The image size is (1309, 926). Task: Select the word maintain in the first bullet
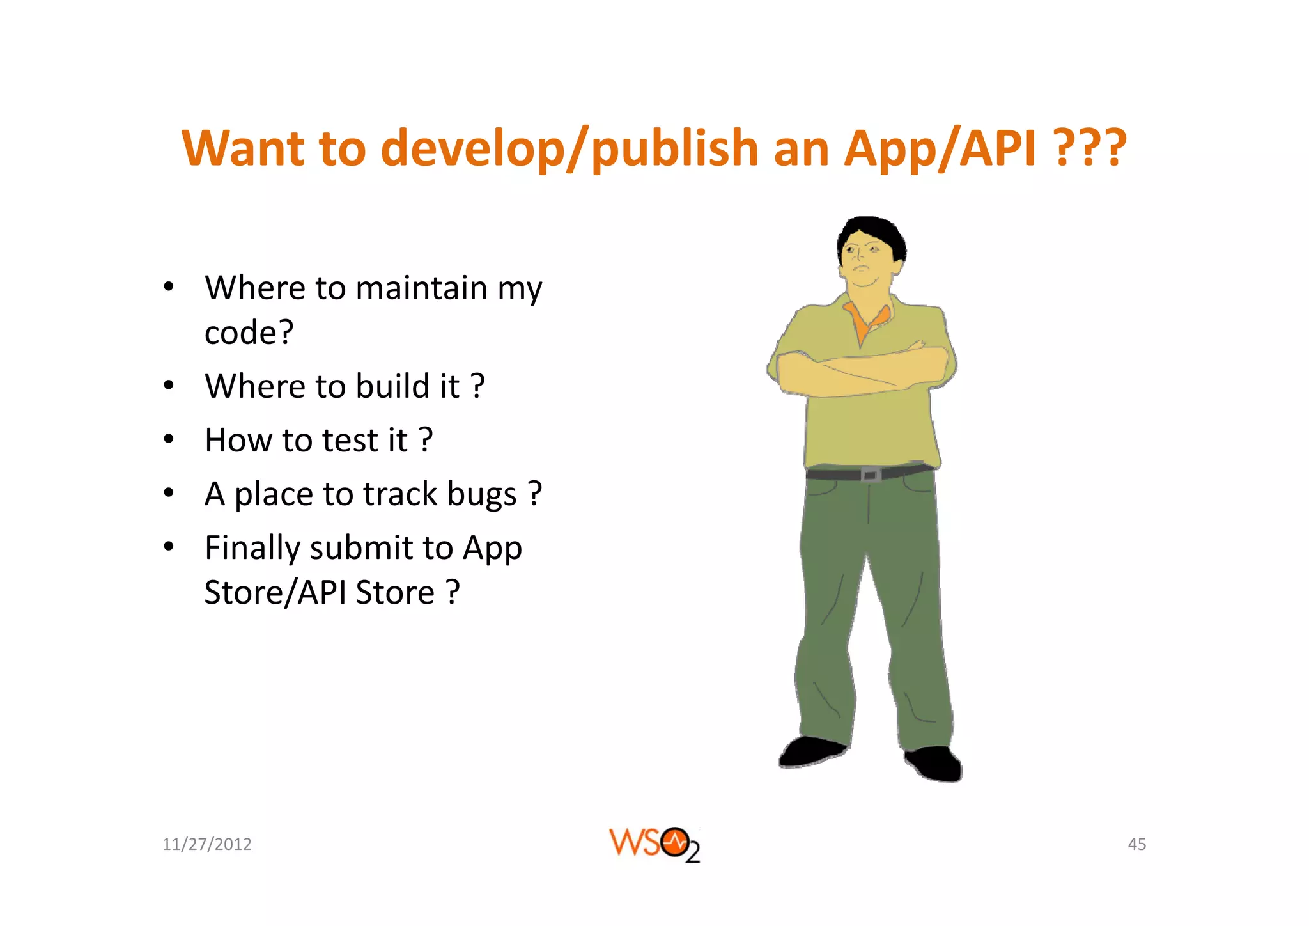pyautogui.click(x=421, y=288)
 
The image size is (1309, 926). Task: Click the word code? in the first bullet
pyautogui.click(x=249, y=333)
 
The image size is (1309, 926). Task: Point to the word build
pyautogui.click(x=392, y=386)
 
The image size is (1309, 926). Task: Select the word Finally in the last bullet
pyautogui.click(x=252, y=549)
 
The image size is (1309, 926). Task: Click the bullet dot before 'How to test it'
pyautogui.click(x=168, y=439)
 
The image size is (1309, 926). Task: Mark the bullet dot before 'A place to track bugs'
pyautogui.click(x=168, y=493)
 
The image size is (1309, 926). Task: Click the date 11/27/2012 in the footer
pyautogui.click(x=206, y=844)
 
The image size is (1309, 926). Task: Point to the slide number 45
pyautogui.click(x=1136, y=844)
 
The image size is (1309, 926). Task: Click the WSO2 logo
pyautogui.click(x=654, y=844)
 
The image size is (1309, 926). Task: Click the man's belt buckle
pyautogui.click(x=869, y=475)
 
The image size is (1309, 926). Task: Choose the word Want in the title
pyautogui.click(x=243, y=149)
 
